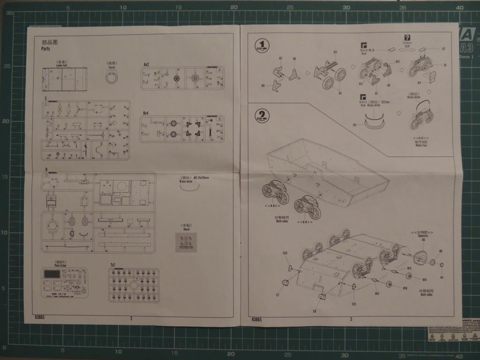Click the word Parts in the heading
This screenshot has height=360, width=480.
point(46,49)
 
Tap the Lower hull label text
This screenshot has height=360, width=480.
point(62,65)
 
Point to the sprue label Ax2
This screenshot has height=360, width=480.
point(146,64)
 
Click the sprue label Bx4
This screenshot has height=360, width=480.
point(146,113)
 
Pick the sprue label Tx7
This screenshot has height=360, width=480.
point(113,265)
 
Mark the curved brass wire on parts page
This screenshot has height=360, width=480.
point(189,187)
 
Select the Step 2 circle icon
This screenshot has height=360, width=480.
point(262,115)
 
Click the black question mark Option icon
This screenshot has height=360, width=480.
point(407,38)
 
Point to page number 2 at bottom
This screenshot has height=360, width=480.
point(131,318)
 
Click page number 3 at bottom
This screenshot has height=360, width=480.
point(351,319)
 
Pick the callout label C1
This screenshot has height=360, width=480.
point(278,295)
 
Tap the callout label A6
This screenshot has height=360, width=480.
point(440,251)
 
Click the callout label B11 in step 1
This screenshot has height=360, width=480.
point(335,52)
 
